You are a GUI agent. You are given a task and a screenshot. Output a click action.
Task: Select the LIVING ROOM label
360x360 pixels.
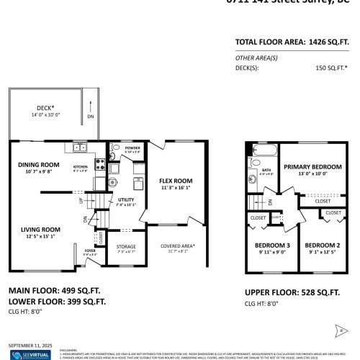40,230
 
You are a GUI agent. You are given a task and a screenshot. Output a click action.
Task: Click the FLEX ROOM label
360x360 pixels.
175,180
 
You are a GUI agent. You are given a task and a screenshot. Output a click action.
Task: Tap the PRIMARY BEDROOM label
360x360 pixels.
312,166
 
